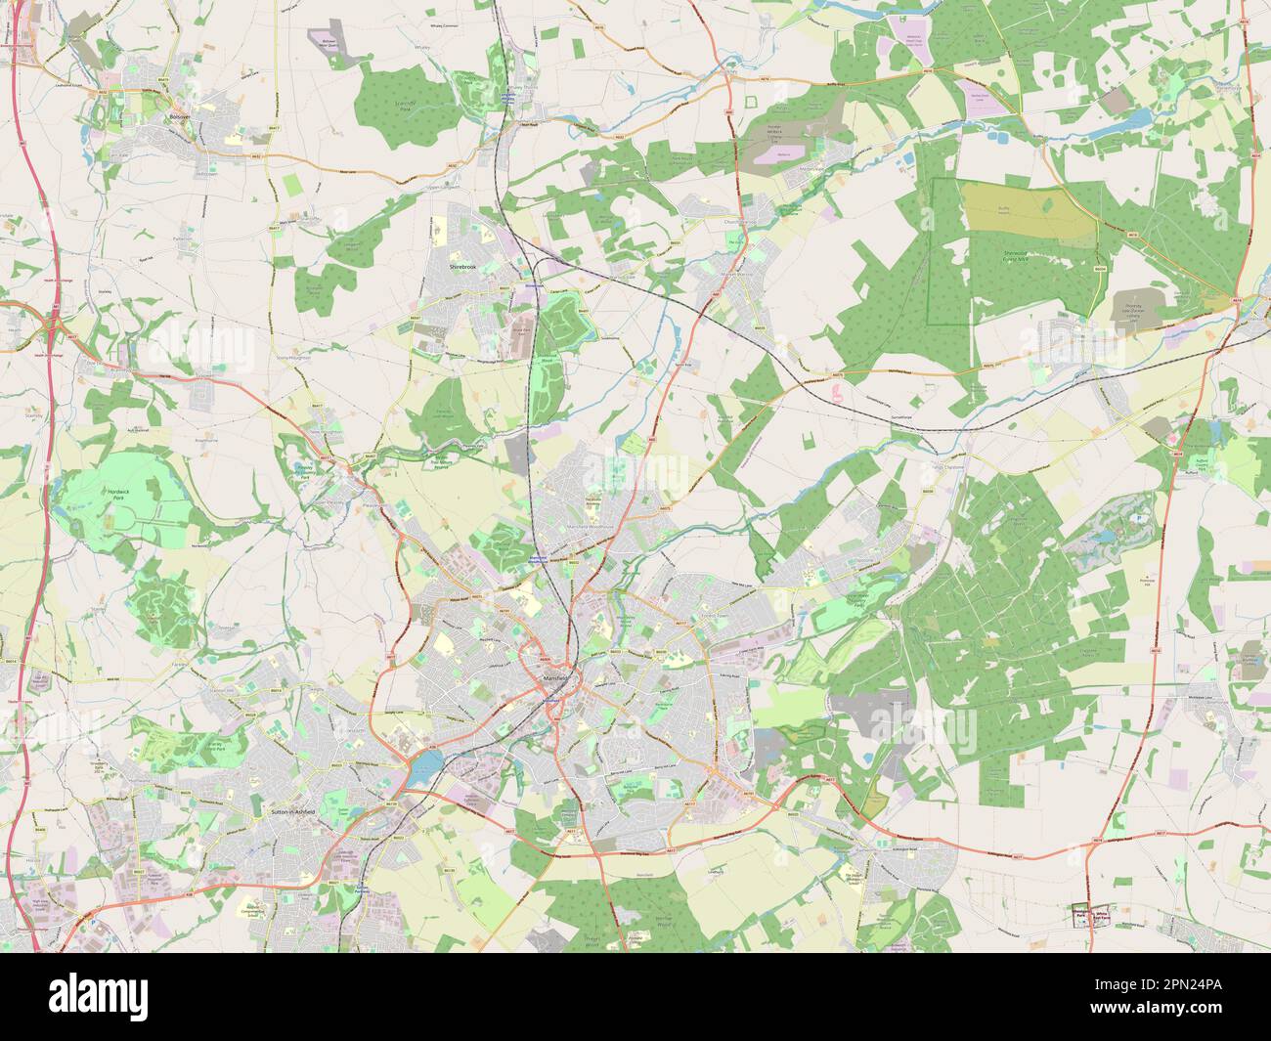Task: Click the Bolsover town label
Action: pyautogui.click(x=177, y=116)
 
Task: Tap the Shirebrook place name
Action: pyautogui.click(x=460, y=265)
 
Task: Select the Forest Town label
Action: pyautogui.click(x=689, y=617)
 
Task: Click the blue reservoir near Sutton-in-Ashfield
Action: pyautogui.click(x=423, y=767)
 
